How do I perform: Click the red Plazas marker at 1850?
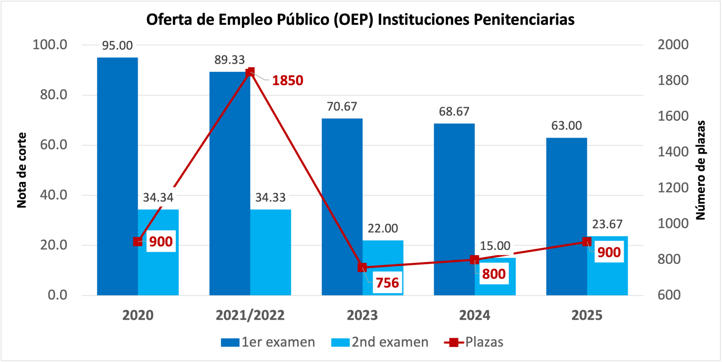(250, 72)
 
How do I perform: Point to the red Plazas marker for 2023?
(362, 267)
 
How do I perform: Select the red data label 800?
(494, 274)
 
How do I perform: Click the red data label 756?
(387, 283)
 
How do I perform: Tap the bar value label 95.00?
(117, 45)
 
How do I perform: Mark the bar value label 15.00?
(495, 246)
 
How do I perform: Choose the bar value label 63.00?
(566, 125)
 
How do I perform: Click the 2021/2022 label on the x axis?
(250, 315)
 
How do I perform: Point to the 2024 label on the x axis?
(475, 315)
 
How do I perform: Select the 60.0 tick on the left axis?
(54, 145)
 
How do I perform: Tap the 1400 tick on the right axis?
(673, 152)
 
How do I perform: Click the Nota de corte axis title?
(22, 170)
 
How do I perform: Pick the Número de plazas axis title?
(701, 170)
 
